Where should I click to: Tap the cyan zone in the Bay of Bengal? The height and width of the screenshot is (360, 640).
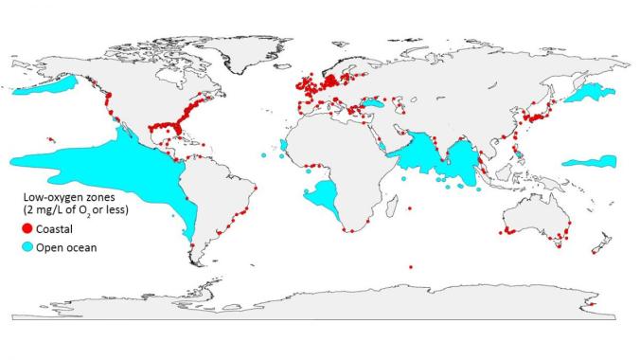[x=464, y=156]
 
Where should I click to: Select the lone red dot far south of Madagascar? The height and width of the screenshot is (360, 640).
[x=411, y=267]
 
